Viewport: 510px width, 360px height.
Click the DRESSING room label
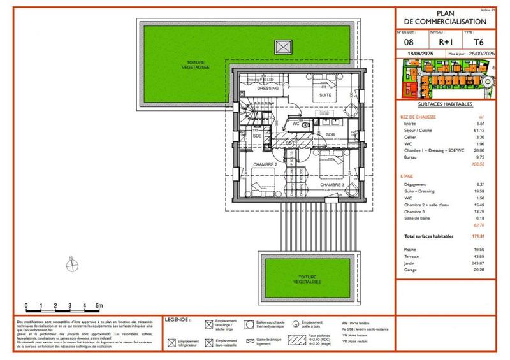[268, 89]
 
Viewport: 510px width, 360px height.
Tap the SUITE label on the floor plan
[325, 94]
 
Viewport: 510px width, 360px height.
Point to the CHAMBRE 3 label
[333, 185]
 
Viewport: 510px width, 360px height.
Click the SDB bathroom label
[330, 134]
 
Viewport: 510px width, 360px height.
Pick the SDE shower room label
[257, 136]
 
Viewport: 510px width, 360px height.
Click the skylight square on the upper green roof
[281, 47]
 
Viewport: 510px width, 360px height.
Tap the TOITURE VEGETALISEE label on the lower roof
[308, 280]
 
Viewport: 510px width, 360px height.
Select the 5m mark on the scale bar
[100, 306]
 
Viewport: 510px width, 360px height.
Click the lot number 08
[409, 43]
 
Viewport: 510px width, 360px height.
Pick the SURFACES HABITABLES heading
[445, 104]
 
